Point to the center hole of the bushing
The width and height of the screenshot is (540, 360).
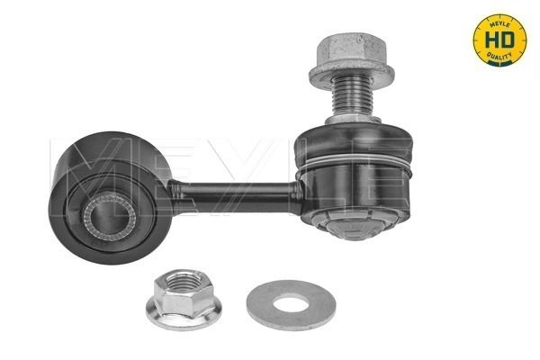[x=109, y=217]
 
